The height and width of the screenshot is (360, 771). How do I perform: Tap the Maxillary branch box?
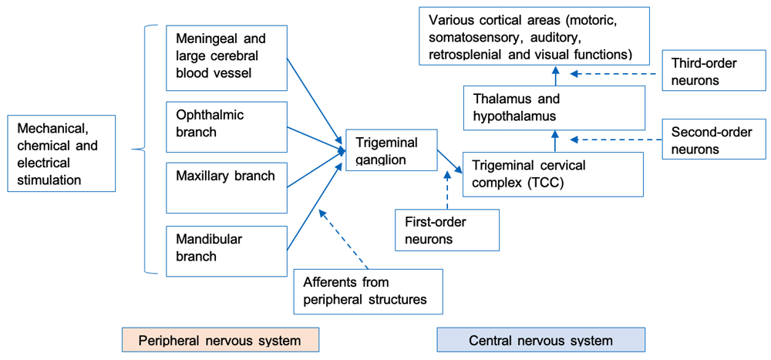coord(227,187)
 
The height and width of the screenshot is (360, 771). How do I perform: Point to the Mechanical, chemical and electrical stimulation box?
coord(60,153)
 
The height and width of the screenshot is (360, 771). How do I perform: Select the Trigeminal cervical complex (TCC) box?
coord(553,173)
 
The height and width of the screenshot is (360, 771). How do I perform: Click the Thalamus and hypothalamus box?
coord(553,107)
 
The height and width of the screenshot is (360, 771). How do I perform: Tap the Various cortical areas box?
coord(534,36)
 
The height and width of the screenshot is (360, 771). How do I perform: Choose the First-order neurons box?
coord(446,230)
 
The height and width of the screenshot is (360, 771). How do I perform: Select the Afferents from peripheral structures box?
coord(368,291)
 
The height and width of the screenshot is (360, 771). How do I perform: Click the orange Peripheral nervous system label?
coord(221,340)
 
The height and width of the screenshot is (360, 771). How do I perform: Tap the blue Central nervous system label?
coord(540,340)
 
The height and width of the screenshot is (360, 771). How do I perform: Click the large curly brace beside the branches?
coord(140,149)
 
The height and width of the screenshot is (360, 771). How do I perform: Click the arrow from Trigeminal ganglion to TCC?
coord(449,161)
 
